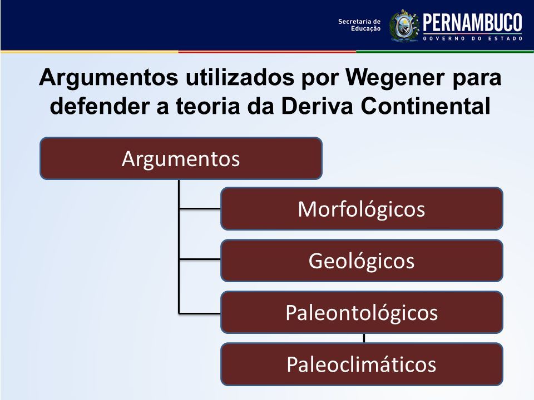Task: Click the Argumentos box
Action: (181, 158)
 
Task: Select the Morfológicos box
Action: (362, 208)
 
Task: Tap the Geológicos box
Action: (362, 261)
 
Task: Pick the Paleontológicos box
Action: (362, 312)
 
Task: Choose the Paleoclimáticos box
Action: (362, 364)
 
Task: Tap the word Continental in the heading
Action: (426, 106)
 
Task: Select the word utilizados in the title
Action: (240, 77)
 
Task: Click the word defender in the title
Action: (100, 106)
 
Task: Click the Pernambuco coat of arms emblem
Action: (404, 26)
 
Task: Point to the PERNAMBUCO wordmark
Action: (473, 23)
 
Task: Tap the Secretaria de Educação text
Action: (359, 25)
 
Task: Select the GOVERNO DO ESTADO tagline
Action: (473, 38)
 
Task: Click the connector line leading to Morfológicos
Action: (200, 208)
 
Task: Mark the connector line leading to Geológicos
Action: (200, 259)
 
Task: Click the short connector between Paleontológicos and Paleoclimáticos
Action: (364, 338)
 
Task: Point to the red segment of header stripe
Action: (267, 52)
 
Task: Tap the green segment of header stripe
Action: (445, 52)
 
